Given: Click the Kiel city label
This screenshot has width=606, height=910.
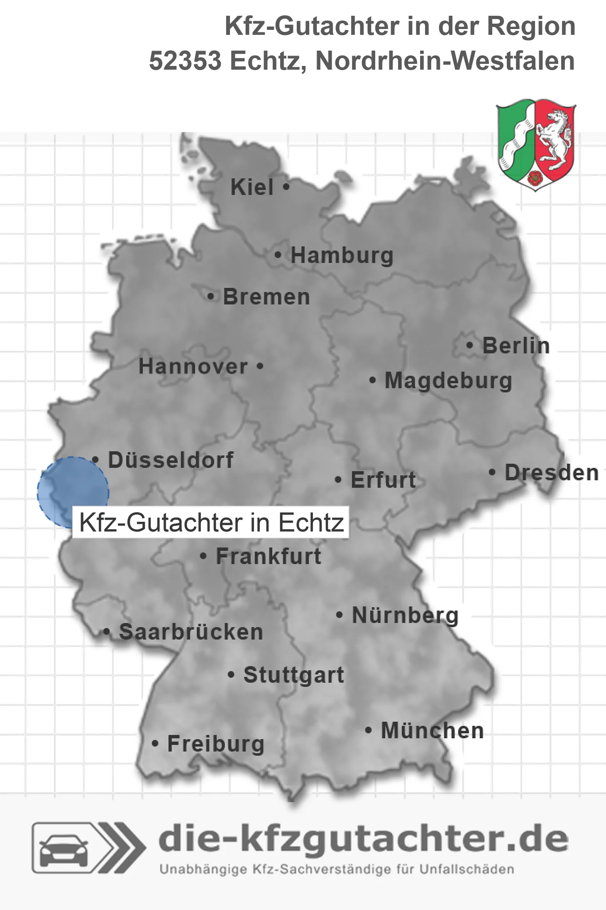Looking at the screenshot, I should point(252,187).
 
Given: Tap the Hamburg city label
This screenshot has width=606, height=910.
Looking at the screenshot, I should point(342,255).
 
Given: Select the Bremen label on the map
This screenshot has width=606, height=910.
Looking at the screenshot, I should point(266,297).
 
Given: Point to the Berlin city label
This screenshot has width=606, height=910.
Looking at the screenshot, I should point(516,346).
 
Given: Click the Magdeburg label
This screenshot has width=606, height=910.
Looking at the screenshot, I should point(448,381).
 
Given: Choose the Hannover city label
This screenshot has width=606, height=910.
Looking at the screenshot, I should point(193,367).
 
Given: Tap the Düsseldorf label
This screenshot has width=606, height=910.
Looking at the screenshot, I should point(171,460).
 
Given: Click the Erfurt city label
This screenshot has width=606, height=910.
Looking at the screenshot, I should point(383,480).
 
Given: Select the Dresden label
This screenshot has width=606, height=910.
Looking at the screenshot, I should point(552,473).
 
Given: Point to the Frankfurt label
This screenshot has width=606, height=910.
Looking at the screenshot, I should point(269,556).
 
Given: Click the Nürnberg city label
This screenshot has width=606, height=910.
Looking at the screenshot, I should point(405,616).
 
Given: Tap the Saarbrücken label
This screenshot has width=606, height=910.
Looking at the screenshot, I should point(191,632).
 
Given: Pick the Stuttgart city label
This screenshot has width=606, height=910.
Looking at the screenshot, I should point(293,675).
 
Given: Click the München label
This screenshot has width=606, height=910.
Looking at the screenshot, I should point(433,730).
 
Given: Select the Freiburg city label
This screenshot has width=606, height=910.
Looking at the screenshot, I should point(216,744).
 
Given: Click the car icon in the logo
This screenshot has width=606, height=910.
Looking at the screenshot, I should point(64,848).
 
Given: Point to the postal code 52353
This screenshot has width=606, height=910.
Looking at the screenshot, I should point(185,61).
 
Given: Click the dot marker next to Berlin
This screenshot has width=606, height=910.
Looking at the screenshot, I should point(469,346).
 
